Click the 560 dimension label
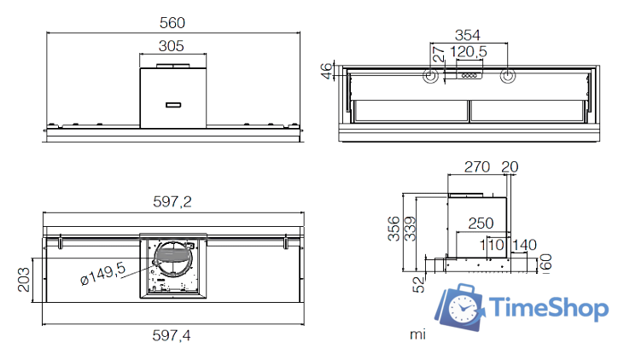[x=172, y=22]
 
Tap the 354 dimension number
[x=467, y=35]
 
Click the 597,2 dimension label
[x=172, y=202]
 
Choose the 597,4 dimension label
[x=172, y=336]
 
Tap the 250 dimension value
[x=481, y=223]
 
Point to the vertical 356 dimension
[x=394, y=228]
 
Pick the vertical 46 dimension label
[x=325, y=72]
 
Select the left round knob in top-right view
[x=430, y=77]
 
